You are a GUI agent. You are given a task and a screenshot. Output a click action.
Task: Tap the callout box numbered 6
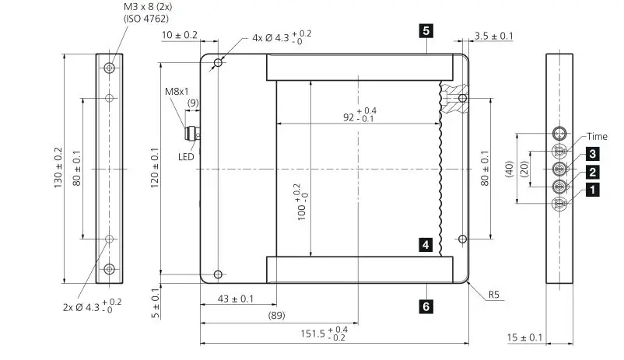click(x=426, y=306)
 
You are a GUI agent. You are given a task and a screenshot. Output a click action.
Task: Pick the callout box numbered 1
click(x=592, y=189)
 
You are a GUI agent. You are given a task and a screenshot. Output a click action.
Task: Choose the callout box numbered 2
click(x=592, y=172)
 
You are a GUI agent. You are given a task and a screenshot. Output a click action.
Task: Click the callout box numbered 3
click(x=592, y=154)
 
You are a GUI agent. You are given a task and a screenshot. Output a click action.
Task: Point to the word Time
click(x=597, y=136)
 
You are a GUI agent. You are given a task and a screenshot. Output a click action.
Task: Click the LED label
click(x=187, y=156)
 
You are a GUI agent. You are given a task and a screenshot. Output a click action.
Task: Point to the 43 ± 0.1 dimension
click(x=236, y=299)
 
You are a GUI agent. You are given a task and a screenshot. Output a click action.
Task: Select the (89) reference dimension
click(x=276, y=316)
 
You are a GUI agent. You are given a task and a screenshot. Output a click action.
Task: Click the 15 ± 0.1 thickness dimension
click(x=525, y=337)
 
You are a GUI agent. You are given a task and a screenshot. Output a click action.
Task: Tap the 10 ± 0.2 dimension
click(x=179, y=36)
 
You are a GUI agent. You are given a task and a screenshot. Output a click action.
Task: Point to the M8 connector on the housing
click(x=191, y=135)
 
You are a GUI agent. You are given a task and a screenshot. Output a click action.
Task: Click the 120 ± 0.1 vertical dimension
click(x=156, y=169)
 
